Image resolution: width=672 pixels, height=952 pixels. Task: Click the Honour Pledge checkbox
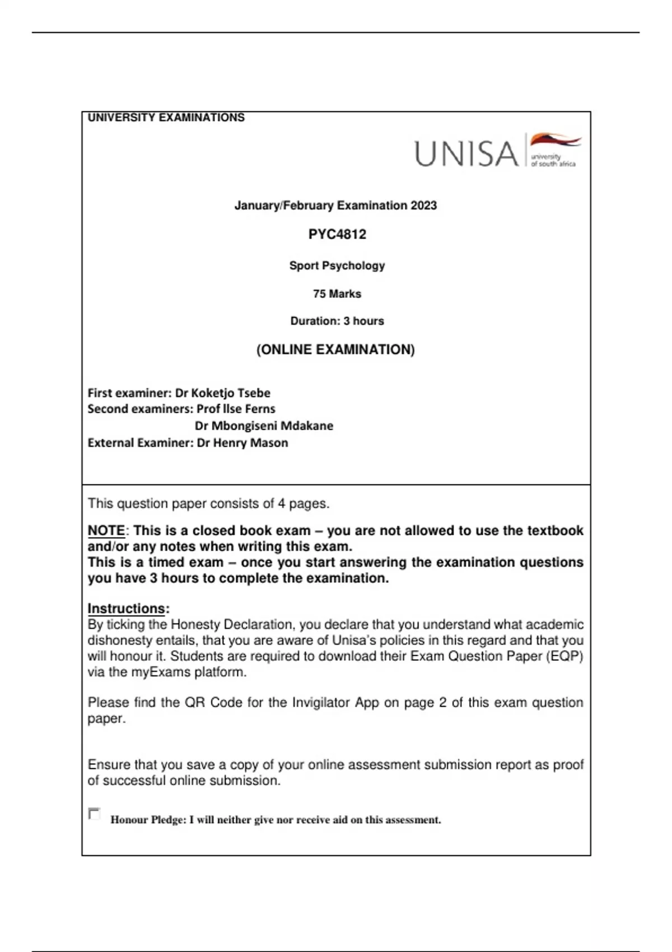(94, 814)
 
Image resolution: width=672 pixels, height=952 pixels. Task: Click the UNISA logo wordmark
(466, 153)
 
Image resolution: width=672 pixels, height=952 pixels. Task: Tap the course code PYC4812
(337, 234)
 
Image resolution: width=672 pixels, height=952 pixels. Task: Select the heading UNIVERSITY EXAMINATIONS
(166, 118)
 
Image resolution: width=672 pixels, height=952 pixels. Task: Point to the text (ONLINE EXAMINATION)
(335, 349)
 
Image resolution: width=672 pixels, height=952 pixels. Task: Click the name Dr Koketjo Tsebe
(222, 393)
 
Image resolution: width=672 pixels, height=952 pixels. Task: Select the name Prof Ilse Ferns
(236, 409)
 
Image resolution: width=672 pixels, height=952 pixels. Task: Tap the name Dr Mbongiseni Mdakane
(264, 426)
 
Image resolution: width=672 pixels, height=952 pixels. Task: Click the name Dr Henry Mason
(242, 443)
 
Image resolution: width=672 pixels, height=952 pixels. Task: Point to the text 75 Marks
(337, 293)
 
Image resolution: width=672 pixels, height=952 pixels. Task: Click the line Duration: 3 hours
(337, 321)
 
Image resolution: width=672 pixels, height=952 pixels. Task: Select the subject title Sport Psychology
(337, 265)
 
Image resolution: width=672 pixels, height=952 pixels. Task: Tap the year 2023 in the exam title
(423, 206)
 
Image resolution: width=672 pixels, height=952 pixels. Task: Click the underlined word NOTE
(106, 530)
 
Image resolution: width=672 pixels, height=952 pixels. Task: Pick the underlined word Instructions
(127, 608)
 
